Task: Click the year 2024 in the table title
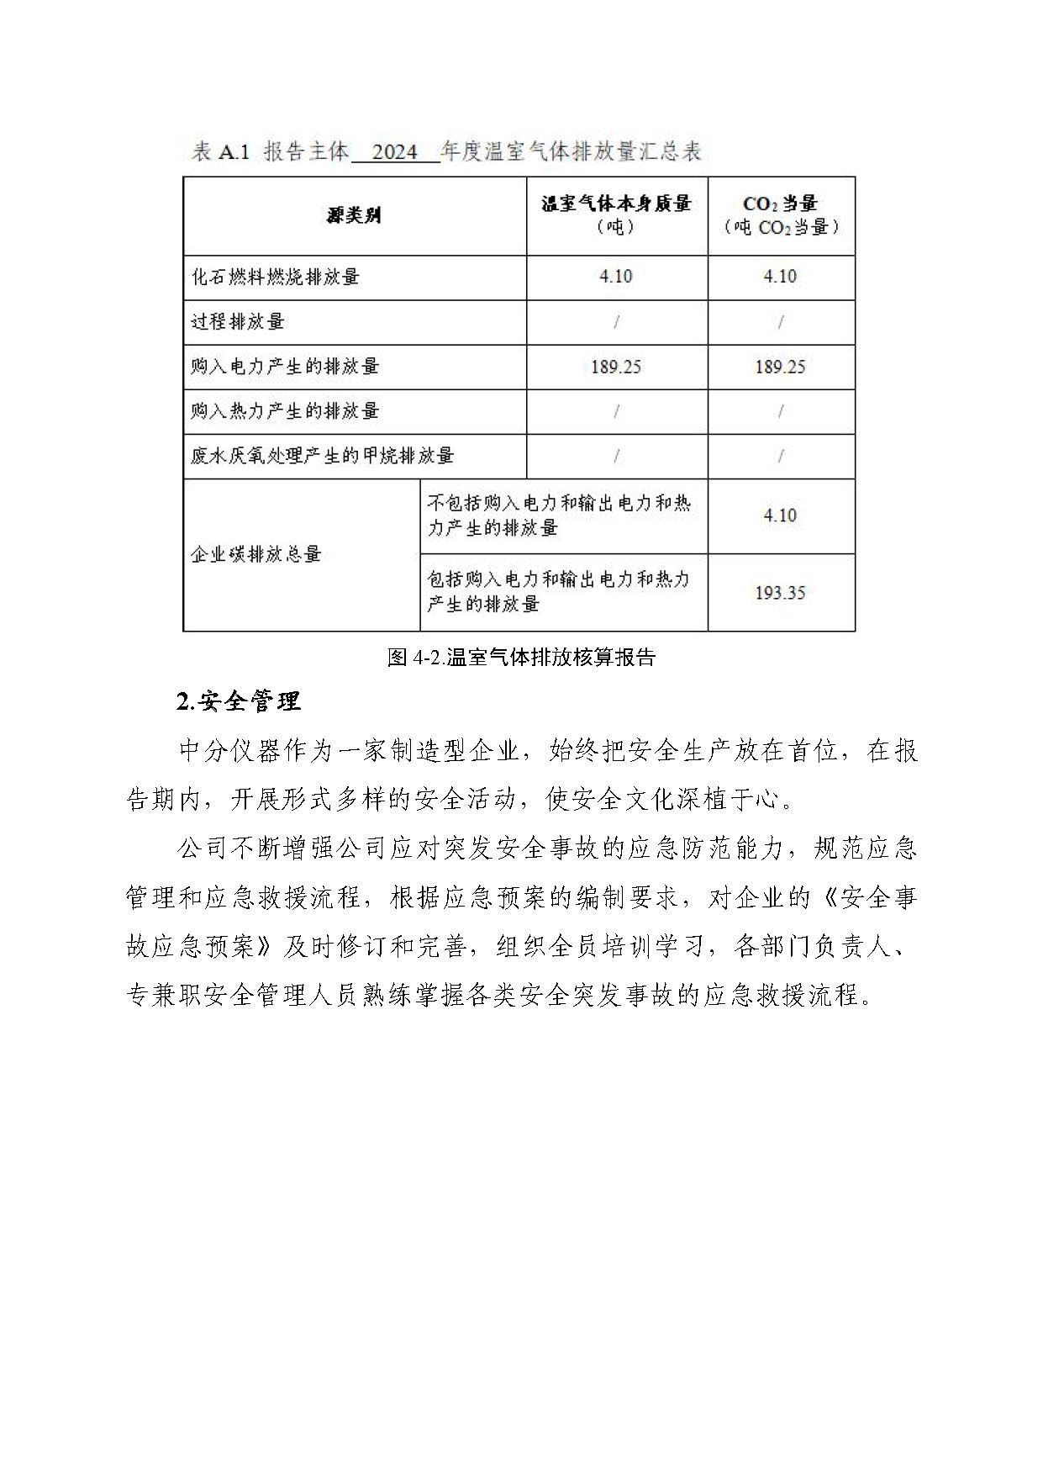394,152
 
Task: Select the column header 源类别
354,215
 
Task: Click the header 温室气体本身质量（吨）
616,214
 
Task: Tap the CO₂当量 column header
781,214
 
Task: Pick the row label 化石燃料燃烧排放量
276,277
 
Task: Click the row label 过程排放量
238,321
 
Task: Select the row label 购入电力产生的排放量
285,366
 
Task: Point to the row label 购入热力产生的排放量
285,410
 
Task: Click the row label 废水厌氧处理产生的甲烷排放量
322,456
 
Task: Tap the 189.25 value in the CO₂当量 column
780,367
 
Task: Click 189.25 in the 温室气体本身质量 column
616,367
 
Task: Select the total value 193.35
780,593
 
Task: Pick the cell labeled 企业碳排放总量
256,554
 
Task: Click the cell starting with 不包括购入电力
559,515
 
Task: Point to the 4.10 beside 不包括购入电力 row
780,515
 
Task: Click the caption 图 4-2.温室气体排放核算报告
521,658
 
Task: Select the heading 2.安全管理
239,701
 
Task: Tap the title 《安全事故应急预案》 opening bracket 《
825,898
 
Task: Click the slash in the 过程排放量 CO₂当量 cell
781,321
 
